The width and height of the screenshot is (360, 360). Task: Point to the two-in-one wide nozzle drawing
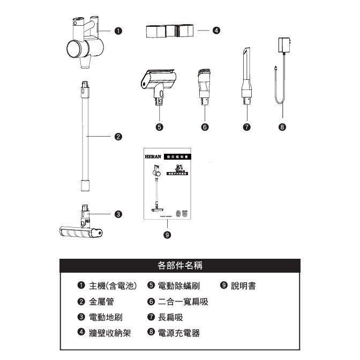[x=204, y=86]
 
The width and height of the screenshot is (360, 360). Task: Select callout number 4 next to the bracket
[x=216, y=31]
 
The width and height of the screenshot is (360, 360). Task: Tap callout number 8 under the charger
[x=282, y=127]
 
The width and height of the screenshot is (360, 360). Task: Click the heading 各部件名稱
[x=180, y=265]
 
